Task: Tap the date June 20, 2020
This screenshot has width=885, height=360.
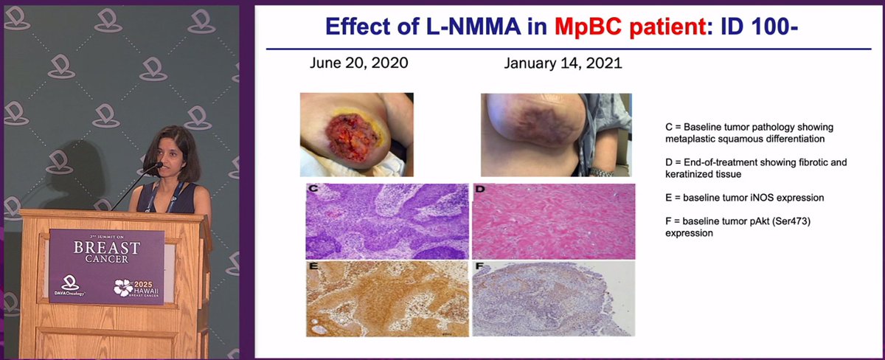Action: (x=358, y=63)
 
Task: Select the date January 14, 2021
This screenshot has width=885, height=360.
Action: (x=563, y=63)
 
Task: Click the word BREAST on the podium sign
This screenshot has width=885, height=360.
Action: (x=106, y=249)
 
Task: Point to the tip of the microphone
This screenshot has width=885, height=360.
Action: (x=157, y=166)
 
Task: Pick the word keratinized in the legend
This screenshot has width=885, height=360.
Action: (x=690, y=174)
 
